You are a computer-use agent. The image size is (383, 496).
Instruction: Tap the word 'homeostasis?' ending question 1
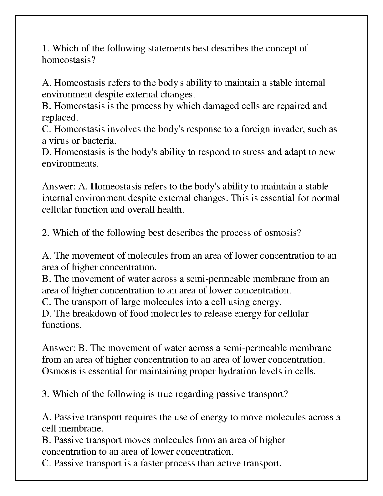click(x=68, y=60)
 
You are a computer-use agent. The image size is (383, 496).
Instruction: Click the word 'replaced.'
click(x=60, y=117)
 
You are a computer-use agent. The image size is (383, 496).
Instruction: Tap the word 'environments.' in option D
click(x=70, y=163)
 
